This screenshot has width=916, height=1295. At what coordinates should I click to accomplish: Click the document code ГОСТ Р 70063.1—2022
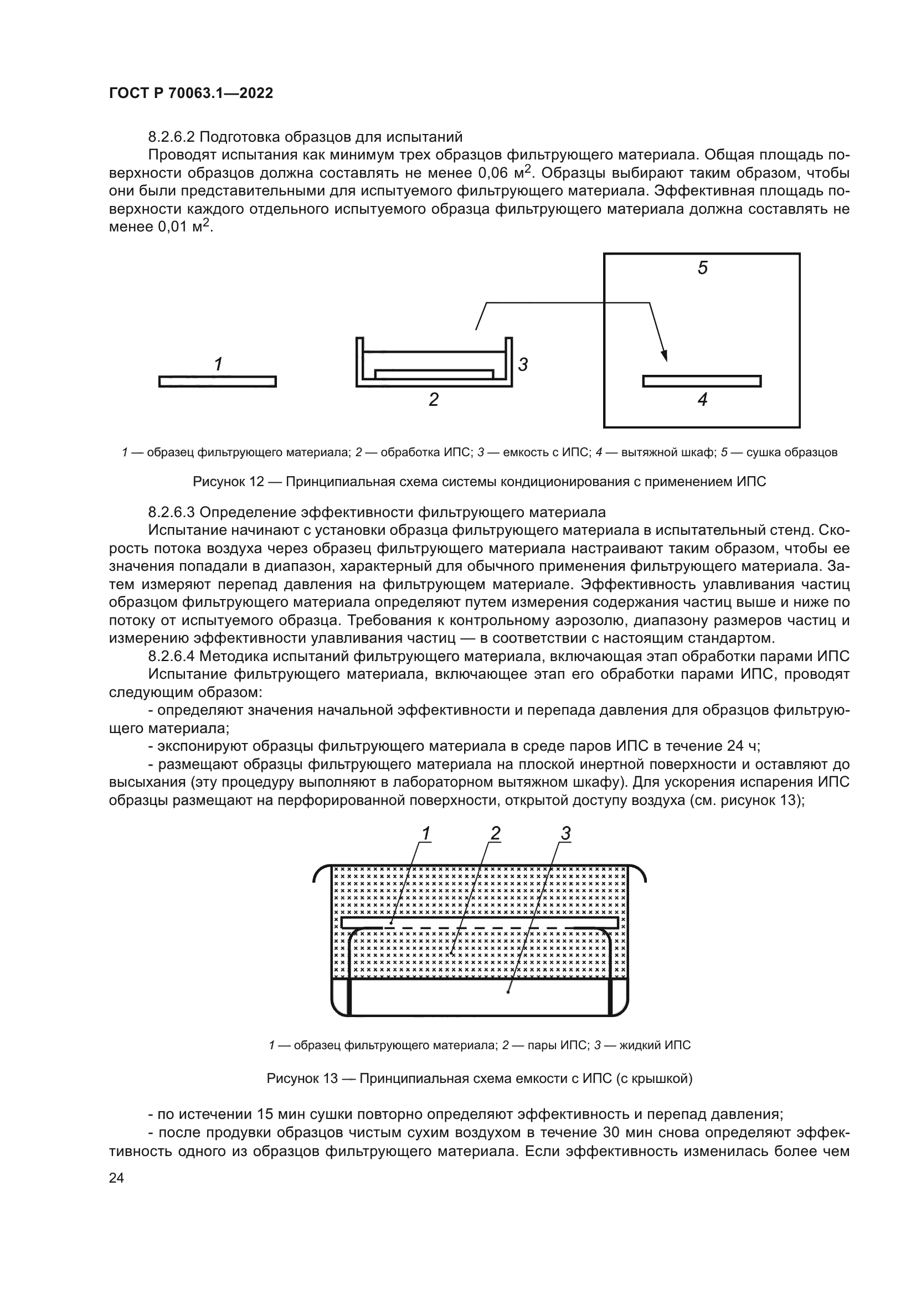(191, 94)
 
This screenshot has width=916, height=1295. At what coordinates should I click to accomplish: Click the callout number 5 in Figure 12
(702, 268)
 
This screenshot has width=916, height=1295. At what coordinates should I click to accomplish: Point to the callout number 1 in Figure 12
(218, 364)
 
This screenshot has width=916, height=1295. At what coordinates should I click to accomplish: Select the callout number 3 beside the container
(523, 364)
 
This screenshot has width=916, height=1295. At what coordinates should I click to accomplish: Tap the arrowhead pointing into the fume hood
(665, 355)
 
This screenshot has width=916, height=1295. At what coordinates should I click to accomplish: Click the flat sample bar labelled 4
(702, 381)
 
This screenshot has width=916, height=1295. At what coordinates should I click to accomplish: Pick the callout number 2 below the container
(433, 399)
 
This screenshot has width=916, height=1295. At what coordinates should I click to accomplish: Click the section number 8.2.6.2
(172, 137)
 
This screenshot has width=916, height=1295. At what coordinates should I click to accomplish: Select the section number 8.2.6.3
(172, 512)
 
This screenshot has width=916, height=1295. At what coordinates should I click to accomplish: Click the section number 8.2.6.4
(172, 657)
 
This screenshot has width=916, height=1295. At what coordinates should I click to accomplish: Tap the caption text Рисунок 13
(302, 1079)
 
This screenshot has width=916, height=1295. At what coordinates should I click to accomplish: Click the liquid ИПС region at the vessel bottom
(480, 996)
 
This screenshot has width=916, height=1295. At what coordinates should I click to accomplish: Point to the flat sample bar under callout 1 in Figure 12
(218, 381)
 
